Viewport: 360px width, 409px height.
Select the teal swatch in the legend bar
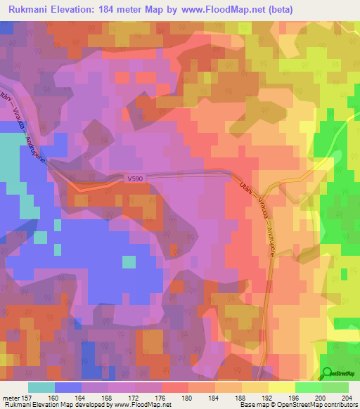point(41,387)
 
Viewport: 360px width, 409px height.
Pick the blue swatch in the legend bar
point(67,387)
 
